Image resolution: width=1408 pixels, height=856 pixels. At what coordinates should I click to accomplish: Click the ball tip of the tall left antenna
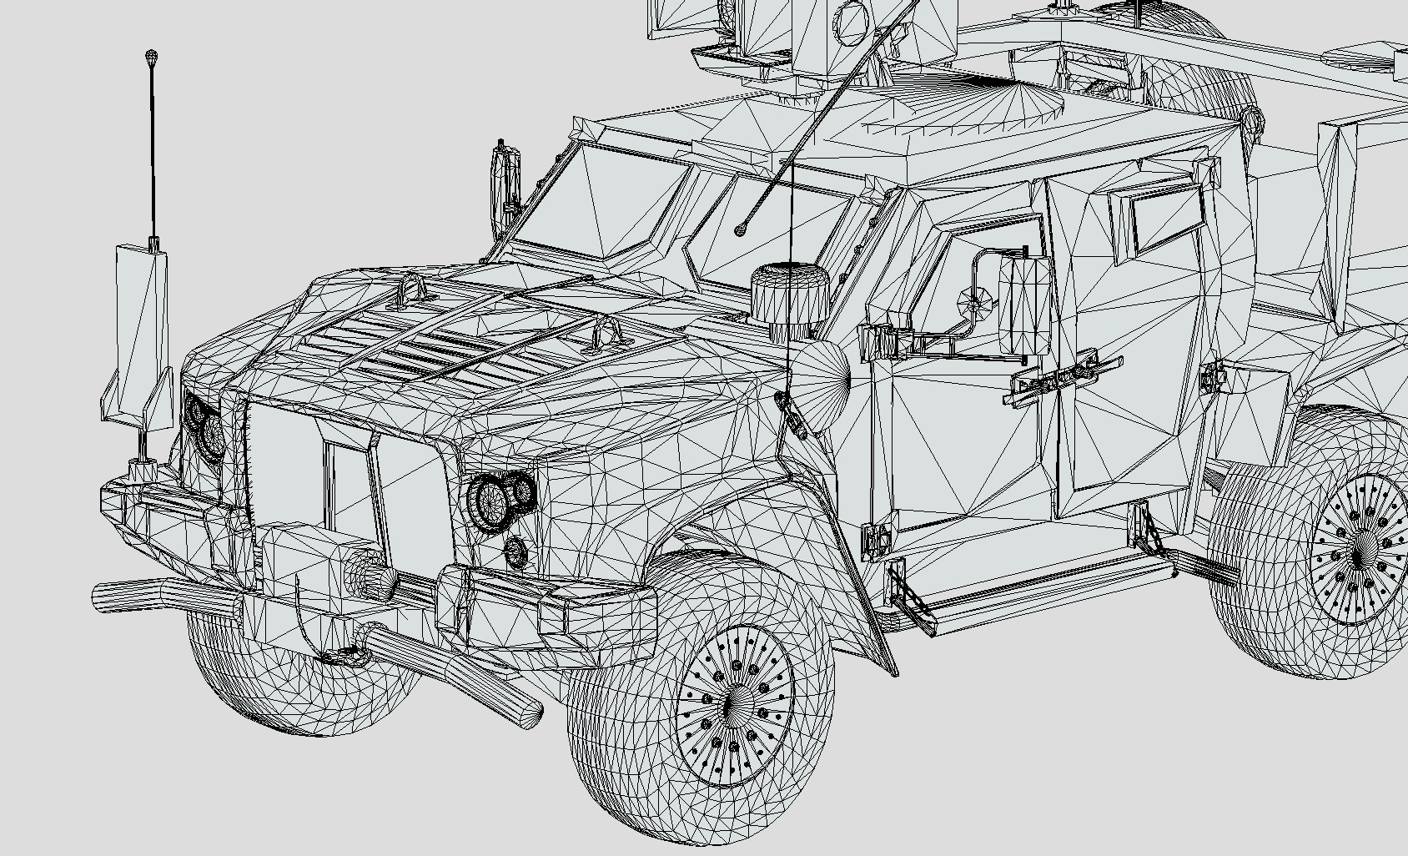151,58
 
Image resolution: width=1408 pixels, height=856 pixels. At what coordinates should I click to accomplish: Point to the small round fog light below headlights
516,550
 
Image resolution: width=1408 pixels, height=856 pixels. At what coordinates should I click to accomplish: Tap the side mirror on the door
1024,305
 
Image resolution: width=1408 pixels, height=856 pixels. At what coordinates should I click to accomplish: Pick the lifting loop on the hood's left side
411,289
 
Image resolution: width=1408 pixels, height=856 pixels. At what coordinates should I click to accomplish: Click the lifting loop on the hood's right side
606,333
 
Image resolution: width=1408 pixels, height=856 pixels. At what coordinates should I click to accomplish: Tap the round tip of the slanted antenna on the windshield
740,230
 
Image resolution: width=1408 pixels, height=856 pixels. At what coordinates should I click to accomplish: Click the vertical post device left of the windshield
506,179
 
